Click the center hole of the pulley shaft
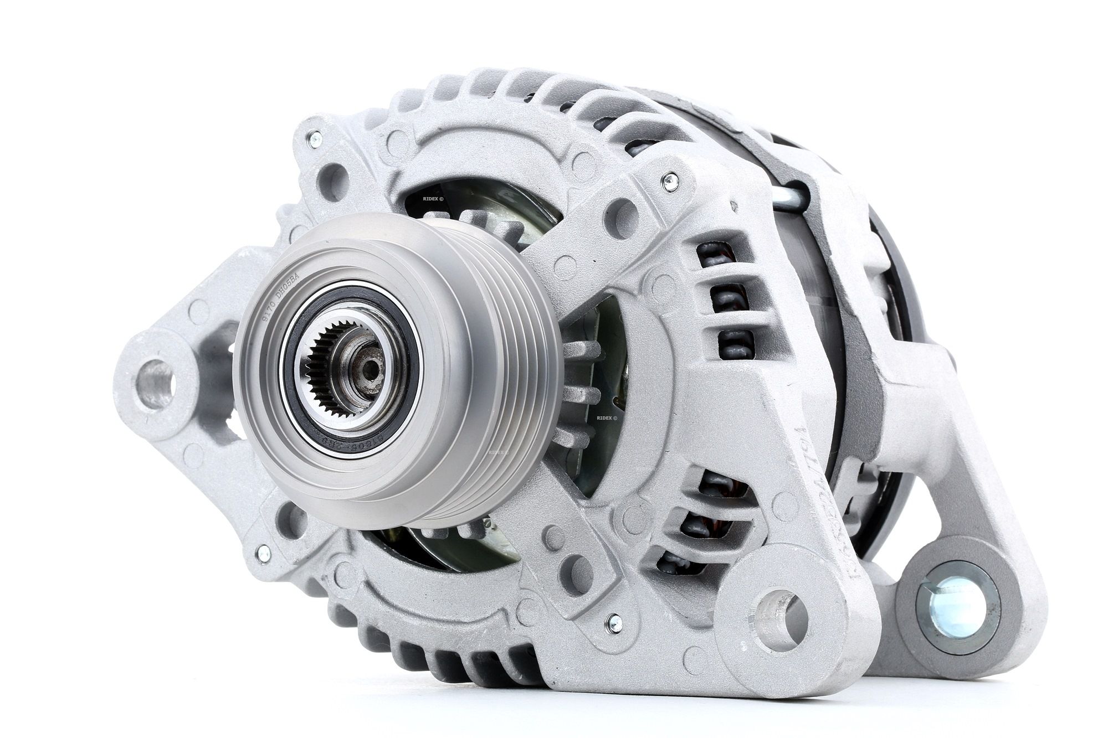click(x=367, y=367)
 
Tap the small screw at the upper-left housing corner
click(x=315, y=138)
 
